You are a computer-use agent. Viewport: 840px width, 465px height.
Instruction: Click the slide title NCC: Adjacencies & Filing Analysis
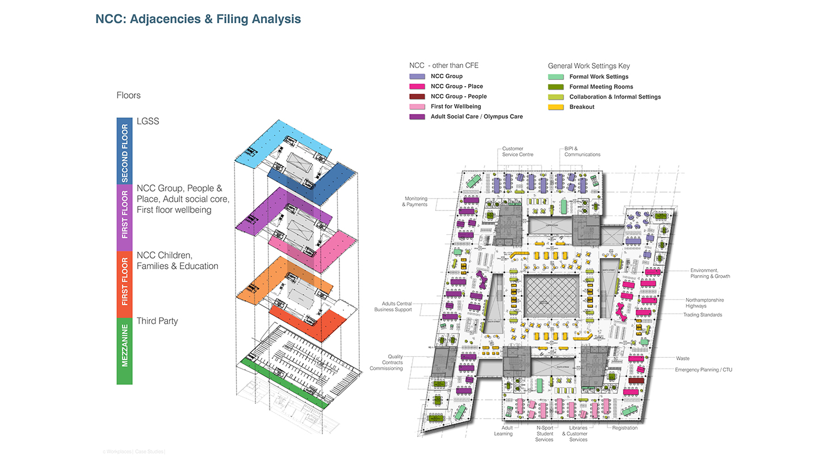[198, 19]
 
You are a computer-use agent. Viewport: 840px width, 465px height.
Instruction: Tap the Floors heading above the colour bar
[128, 95]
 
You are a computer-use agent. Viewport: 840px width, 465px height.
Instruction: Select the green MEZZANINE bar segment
[124, 351]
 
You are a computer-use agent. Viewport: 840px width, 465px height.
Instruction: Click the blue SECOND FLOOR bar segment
[124, 151]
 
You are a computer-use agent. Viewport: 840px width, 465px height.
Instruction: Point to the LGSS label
[148, 121]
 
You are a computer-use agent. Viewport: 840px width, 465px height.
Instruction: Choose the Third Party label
[157, 321]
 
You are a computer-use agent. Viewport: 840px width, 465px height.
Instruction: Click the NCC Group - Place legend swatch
[417, 86]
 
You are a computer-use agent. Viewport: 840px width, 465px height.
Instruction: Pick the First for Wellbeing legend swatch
[417, 107]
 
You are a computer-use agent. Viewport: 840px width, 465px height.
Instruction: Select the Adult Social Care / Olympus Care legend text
[476, 117]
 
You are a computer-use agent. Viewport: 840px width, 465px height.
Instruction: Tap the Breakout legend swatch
[556, 107]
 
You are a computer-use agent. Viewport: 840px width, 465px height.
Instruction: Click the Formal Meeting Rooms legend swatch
[556, 87]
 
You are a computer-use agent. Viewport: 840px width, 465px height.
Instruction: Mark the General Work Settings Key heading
[589, 66]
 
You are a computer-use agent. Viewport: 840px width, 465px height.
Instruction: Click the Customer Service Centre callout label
[518, 151]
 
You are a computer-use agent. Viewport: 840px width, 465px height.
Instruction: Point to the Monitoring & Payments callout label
[415, 201]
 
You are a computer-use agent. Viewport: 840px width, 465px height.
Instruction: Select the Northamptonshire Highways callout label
[704, 303]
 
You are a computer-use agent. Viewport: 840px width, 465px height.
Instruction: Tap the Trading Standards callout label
[703, 315]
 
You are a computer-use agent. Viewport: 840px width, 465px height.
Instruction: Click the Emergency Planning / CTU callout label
[703, 370]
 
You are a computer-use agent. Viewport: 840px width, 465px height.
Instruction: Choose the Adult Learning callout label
[504, 431]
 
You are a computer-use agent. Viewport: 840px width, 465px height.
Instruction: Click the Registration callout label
[624, 428]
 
